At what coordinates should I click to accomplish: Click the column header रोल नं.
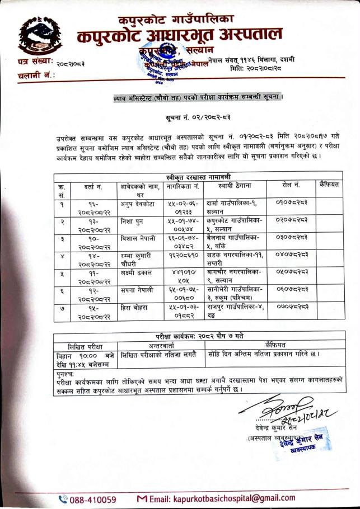click(291, 184)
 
